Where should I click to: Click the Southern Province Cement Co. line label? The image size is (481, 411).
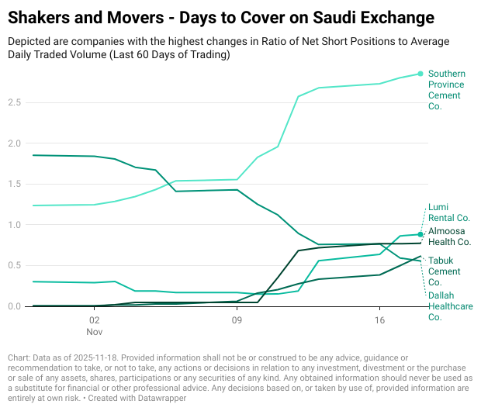446,90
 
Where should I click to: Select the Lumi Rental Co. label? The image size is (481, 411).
449,212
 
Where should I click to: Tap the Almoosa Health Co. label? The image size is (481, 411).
449,237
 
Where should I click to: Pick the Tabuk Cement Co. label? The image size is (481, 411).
445,267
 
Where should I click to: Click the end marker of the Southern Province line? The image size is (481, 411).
420,74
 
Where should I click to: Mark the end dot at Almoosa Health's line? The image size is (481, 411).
420,234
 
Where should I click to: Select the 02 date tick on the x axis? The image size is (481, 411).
94,319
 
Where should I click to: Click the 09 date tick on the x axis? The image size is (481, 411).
236,319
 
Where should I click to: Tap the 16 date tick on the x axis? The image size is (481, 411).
379,319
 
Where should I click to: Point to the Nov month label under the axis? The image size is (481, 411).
94,330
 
